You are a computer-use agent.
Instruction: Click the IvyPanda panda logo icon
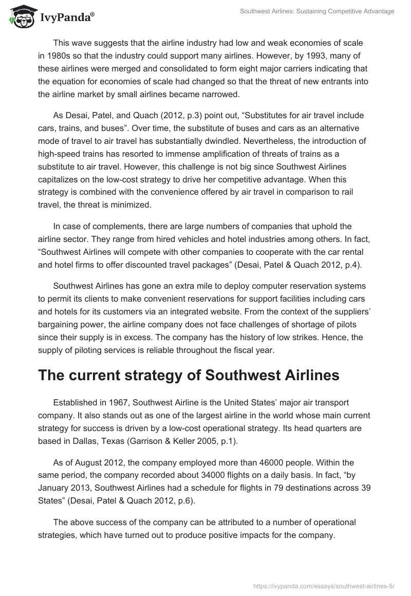19,16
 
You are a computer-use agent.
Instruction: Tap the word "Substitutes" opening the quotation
228,116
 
